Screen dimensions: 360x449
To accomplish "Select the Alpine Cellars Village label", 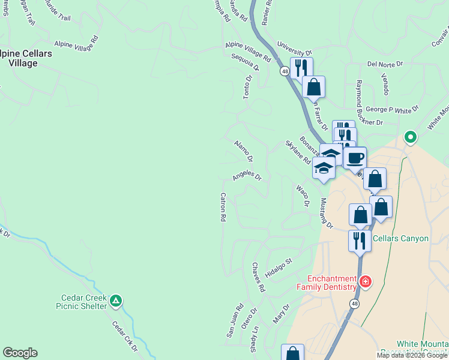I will pyautogui.click(x=26, y=58).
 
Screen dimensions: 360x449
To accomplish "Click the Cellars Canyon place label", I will pyautogui.click(x=400, y=238).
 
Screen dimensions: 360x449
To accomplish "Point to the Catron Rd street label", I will pyautogui.click(x=223, y=207).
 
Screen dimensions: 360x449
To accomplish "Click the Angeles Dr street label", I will pyautogui.click(x=247, y=176).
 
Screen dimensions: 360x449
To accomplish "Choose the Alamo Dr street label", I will pyautogui.click(x=243, y=150).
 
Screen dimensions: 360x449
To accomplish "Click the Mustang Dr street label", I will pyautogui.click(x=327, y=213).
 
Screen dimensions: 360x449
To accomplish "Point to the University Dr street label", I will pyautogui.click(x=295, y=49).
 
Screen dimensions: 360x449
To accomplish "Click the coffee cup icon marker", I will pyautogui.click(x=355, y=158).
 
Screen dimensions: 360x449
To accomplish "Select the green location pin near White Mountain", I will pyautogui.click(x=411, y=137).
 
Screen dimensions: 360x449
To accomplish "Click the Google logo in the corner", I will pyautogui.click(x=20, y=353).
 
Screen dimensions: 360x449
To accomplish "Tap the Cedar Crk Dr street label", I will pyautogui.click(x=125, y=337).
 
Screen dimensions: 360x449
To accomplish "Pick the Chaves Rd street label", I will pyautogui.click(x=259, y=277).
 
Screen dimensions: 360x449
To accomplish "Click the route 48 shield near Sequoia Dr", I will pyautogui.click(x=284, y=71).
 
